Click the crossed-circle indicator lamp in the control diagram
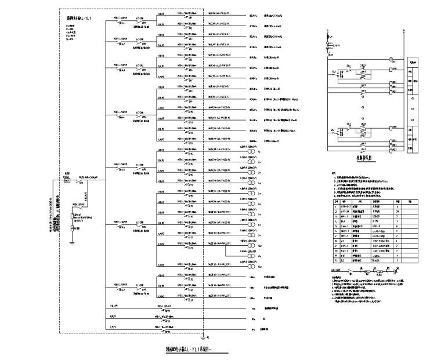(x=391, y=58)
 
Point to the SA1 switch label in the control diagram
(x=333, y=72)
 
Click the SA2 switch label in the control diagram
(x=333, y=129)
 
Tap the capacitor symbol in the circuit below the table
(x=395, y=270)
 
